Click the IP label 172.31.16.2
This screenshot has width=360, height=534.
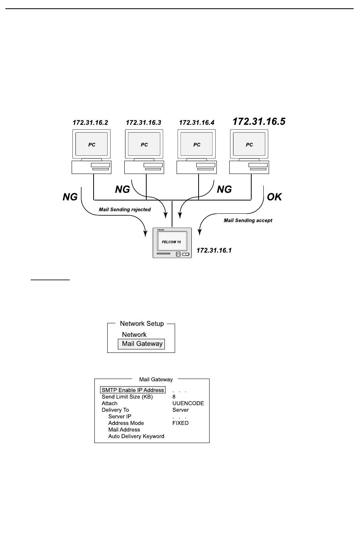[90, 122]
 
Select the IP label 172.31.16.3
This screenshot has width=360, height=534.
[144, 122]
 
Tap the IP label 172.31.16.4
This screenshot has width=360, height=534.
[197, 122]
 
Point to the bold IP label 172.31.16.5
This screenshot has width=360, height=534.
[259, 122]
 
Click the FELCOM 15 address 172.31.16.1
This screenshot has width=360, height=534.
[214, 250]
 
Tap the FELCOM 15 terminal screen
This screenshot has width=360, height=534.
[172, 241]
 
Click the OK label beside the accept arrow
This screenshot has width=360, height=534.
[274, 197]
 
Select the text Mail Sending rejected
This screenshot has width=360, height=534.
[125, 210]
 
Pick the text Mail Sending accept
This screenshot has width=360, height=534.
[248, 220]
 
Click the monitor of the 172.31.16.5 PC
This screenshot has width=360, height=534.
[249, 144]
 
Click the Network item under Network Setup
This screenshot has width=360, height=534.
[134, 335]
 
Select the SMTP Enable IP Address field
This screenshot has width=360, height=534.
[133, 390]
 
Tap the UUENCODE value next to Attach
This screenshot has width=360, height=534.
[188, 403]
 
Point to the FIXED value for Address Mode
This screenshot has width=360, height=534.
[180, 423]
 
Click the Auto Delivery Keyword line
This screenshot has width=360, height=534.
[136, 436]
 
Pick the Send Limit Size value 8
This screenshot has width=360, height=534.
[174, 397]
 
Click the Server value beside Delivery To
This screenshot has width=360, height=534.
[180, 410]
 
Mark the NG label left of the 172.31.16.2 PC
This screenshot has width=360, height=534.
[70, 197]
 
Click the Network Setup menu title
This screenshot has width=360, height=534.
[142, 324]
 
